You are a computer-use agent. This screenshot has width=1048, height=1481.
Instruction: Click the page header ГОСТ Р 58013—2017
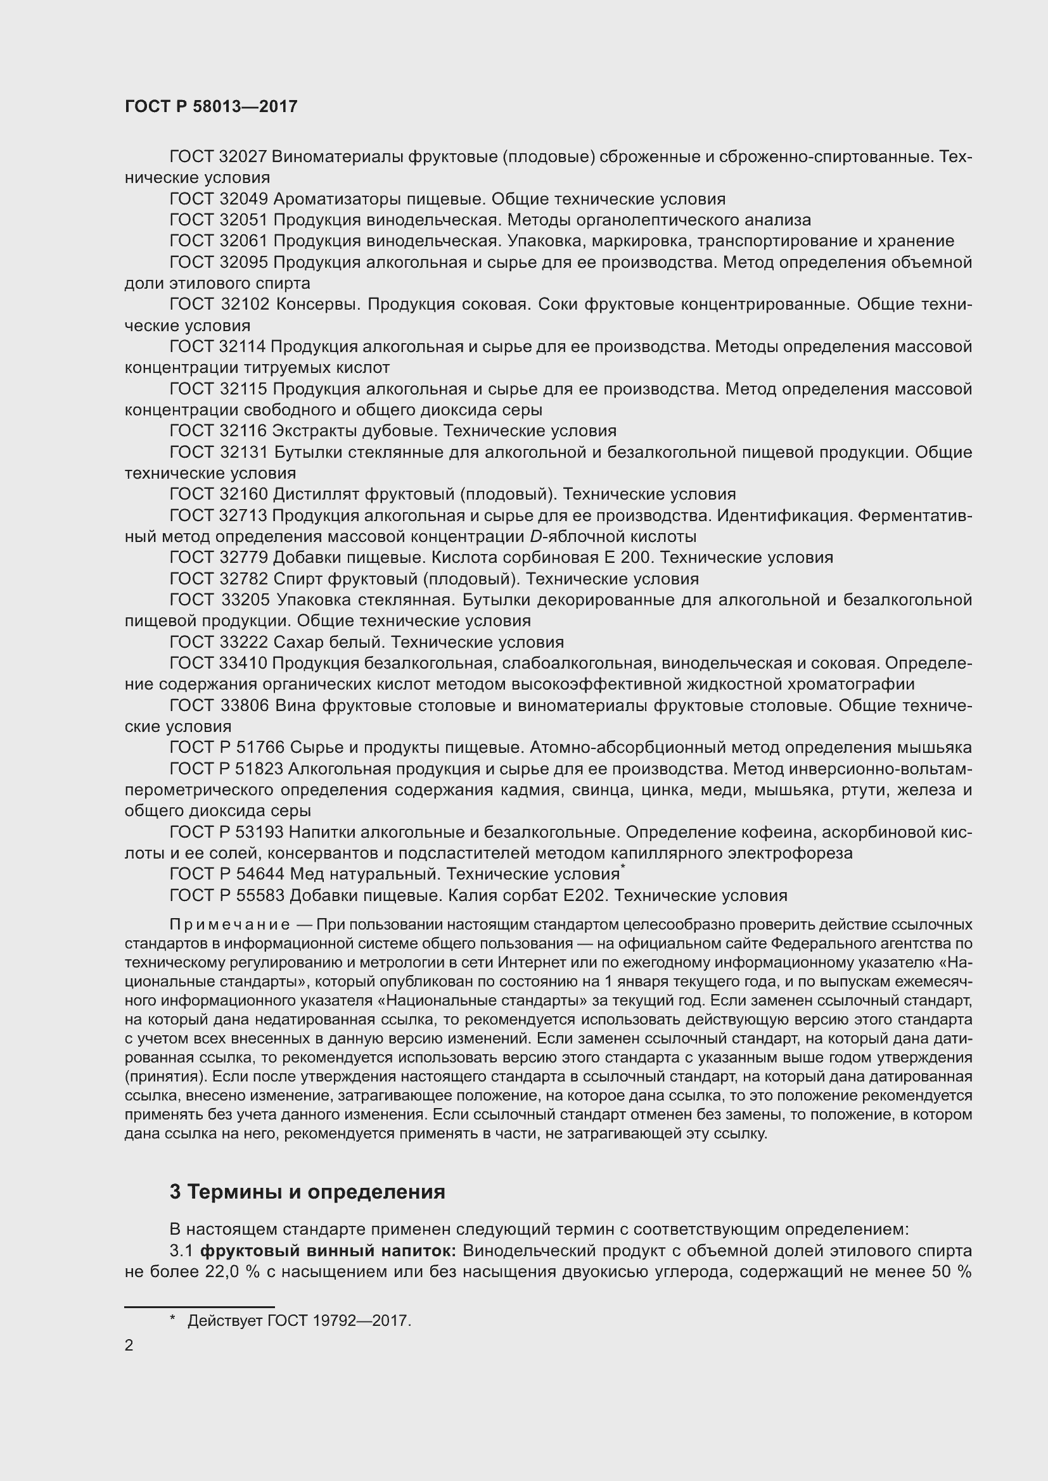point(211,106)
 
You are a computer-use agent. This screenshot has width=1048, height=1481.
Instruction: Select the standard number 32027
point(243,157)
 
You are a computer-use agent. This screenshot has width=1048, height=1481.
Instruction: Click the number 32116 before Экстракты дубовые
point(243,431)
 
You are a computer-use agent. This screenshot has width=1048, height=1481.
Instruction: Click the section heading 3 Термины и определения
point(307,1192)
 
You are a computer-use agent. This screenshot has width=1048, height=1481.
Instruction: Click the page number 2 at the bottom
point(129,1346)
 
